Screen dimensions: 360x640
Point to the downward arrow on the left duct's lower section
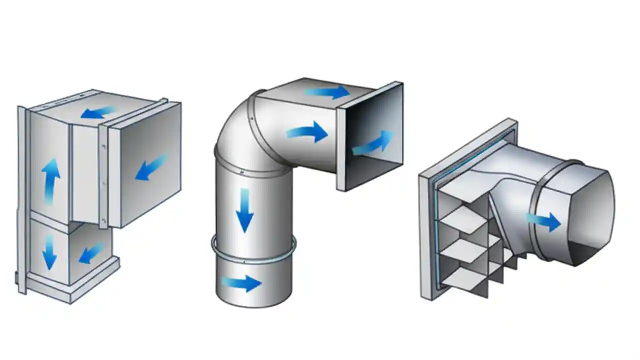tap(49, 252)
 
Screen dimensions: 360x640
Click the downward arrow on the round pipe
tap(244, 210)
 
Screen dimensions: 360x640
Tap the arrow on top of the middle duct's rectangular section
tap(327, 92)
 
